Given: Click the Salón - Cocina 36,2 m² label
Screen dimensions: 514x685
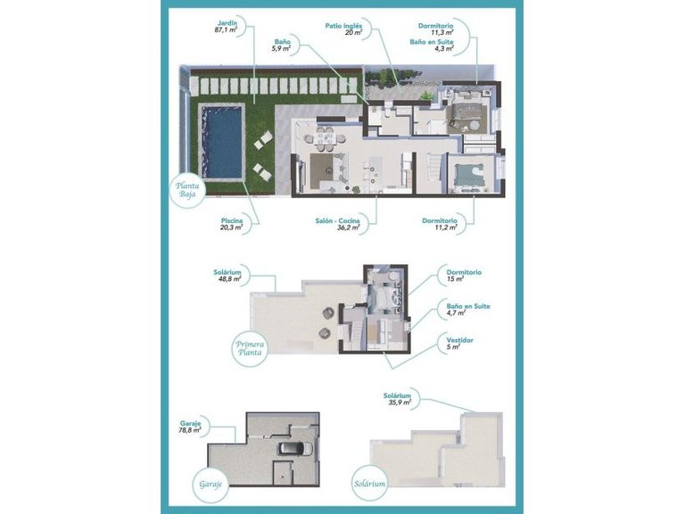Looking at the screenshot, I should coord(336,224).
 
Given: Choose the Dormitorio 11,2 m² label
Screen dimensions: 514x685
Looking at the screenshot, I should coord(440,224).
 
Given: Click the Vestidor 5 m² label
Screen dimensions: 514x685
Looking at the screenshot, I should coord(461,343).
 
